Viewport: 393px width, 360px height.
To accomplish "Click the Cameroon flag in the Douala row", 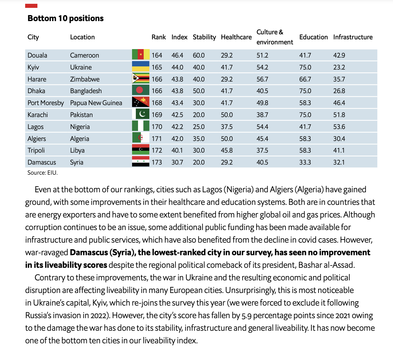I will [141, 55].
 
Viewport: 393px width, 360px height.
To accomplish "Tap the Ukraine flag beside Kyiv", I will [141, 67].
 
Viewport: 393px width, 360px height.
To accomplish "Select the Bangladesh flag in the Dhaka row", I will [141, 91].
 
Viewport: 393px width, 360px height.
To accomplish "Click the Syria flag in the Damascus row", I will [141, 162].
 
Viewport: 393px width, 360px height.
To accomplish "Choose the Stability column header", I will [204, 37].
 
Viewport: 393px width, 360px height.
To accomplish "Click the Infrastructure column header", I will [353, 37].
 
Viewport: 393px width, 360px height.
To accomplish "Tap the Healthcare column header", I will [236, 37].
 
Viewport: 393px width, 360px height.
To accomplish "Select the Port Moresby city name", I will [46, 103].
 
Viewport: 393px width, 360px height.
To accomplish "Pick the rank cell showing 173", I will [157, 162].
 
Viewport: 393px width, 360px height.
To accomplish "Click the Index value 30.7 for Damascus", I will [177, 162].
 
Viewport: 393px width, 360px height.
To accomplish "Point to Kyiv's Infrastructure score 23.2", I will [339, 67].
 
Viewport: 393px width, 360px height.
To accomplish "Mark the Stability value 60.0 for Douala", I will [198, 55].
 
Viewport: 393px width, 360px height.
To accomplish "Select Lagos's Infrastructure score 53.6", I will [339, 127].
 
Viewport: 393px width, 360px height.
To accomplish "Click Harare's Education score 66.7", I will [305, 79].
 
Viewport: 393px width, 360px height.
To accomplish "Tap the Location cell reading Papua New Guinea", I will [96, 103].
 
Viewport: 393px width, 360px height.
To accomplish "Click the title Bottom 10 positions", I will [65, 18].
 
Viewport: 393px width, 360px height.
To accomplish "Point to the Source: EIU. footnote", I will [42, 172].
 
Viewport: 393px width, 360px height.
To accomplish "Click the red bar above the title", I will [31, 6].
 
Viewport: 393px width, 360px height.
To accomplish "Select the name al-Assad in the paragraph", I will [341, 265].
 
